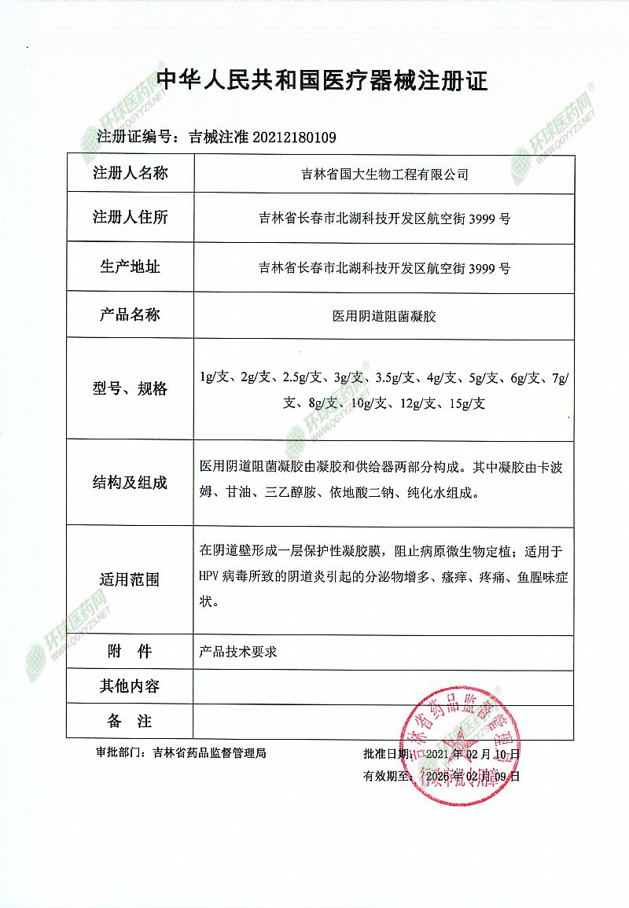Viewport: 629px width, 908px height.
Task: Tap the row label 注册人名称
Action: click(x=130, y=174)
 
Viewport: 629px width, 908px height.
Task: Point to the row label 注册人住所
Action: click(x=130, y=219)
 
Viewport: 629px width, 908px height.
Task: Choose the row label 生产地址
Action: click(x=130, y=267)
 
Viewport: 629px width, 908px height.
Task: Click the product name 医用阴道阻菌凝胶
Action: click(x=384, y=316)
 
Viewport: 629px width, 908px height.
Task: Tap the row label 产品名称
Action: click(x=130, y=315)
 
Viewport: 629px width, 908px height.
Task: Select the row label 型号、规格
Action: click(x=130, y=388)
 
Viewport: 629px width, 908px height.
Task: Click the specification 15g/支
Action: click(x=467, y=404)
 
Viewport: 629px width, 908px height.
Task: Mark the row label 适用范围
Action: click(x=130, y=580)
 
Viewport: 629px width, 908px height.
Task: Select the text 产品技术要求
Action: click(x=239, y=652)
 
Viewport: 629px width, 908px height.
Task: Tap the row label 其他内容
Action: click(x=130, y=686)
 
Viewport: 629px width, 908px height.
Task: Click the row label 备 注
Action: click(x=130, y=721)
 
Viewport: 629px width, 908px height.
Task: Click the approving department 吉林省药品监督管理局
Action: click(x=210, y=753)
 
